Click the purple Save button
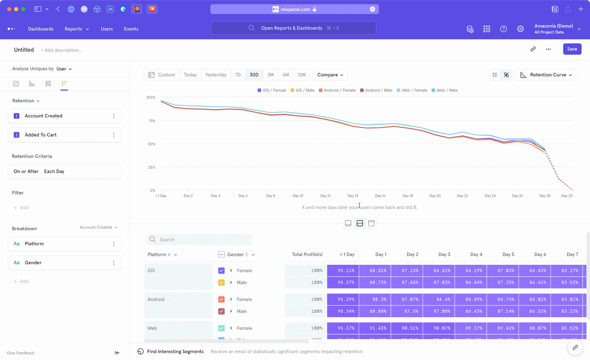point(572,49)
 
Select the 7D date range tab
point(238,75)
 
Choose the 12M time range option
point(302,75)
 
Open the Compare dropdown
point(330,75)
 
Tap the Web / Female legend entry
point(412,90)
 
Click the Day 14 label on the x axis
point(353,196)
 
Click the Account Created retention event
point(44,116)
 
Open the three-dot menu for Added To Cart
point(114,135)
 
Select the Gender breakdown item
point(33,263)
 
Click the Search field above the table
point(199,240)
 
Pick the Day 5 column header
point(508,255)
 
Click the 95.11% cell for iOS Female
point(346,271)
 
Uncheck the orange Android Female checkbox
point(221,300)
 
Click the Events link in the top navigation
point(131,29)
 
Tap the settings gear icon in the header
point(520,29)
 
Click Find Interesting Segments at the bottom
point(175,352)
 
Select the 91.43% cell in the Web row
point(378,328)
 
